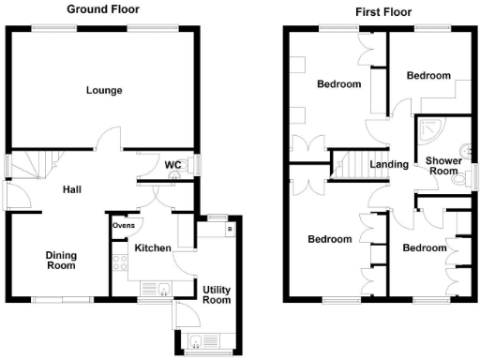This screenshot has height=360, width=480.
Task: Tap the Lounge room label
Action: tap(104, 91)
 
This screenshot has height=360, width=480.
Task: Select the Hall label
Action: tap(71, 189)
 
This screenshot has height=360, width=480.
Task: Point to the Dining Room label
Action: tap(62, 260)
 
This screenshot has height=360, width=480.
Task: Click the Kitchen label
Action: tap(152, 247)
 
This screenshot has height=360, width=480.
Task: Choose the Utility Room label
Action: tap(217, 294)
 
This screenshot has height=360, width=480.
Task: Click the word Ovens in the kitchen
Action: tap(124, 226)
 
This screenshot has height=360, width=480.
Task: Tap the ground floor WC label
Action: tap(172, 165)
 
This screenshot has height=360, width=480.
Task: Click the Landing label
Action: tap(389, 164)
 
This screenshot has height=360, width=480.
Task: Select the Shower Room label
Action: tap(442, 165)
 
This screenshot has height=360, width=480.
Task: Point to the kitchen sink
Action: tap(163, 289)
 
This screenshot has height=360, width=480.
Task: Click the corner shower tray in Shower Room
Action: tap(433, 134)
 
